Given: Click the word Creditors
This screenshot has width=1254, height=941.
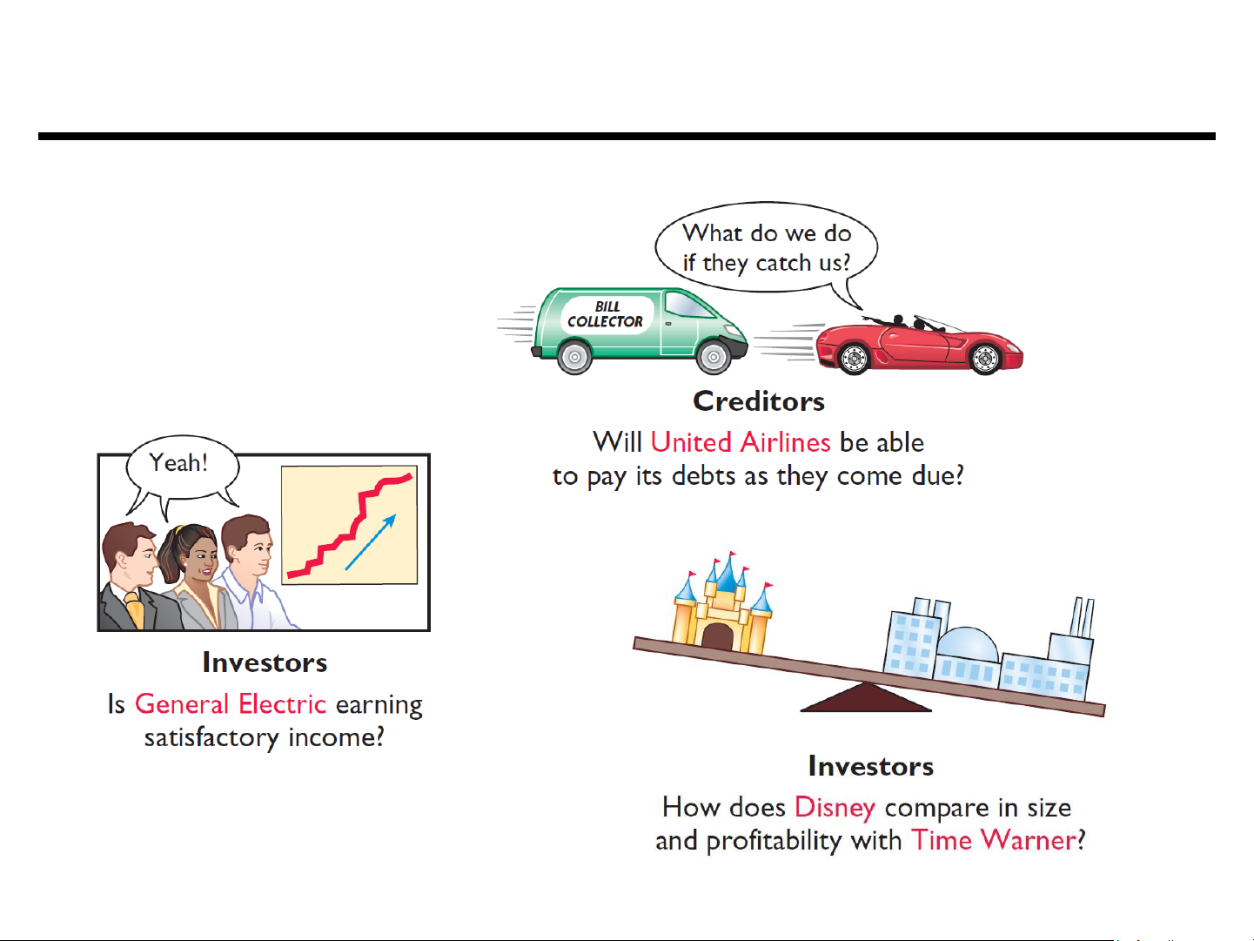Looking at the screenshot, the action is click(759, 401).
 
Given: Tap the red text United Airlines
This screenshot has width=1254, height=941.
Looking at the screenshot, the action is click(741, 442).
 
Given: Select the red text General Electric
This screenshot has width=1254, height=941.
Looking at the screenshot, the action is click(231, 703).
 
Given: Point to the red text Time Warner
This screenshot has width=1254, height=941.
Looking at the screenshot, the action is click(994, 840).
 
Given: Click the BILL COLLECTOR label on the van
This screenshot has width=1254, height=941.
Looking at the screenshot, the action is click(606, 314).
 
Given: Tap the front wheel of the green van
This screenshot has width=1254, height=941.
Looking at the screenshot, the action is click(714, 357).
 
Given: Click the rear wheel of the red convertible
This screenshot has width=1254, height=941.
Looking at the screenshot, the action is click(854, 359).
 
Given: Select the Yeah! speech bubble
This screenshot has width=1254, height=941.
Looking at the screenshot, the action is click(182, 468).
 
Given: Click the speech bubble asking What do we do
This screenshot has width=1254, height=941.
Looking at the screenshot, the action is click(766, 248).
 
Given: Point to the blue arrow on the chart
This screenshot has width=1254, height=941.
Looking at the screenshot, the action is click(370, 542).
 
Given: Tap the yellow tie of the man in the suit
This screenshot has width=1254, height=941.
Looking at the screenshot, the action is click(135, 609).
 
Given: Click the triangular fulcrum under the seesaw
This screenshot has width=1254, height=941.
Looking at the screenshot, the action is click(866, 697).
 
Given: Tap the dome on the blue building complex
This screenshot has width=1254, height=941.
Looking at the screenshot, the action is click(968, 645).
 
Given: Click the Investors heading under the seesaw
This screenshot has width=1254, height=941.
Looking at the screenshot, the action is click(870, 766).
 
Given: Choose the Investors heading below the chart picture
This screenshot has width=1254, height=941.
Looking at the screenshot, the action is click(265, 662).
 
